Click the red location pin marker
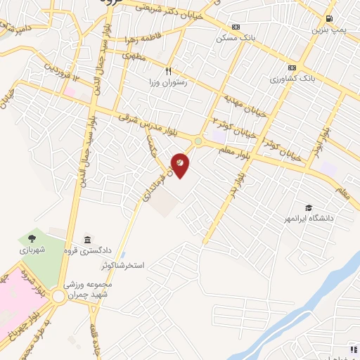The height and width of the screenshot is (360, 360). [181, 164]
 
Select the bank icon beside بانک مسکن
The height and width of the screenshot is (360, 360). [236, 27]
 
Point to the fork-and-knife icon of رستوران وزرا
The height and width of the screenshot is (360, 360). [168, 71]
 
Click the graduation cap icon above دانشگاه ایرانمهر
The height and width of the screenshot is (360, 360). [309, 207]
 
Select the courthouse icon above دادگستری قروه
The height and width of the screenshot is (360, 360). [86, 240]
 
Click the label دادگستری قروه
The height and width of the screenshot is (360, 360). [86, 250]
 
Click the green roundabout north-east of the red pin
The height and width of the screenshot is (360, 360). [198, 141]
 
